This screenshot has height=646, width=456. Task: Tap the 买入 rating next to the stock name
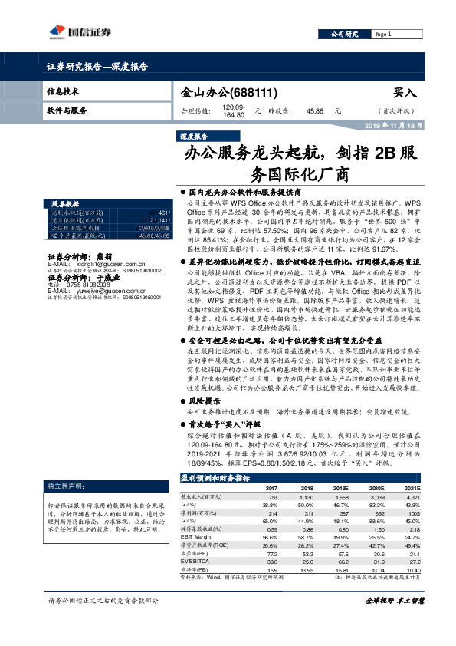tap(404, 92)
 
